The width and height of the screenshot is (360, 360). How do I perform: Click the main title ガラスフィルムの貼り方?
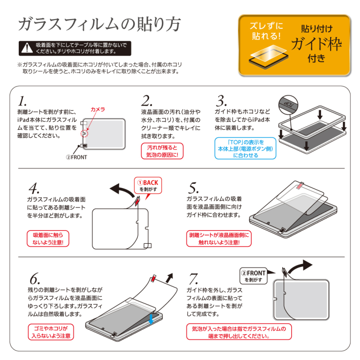pos(100,24)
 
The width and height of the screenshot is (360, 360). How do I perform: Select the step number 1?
pos(22,101)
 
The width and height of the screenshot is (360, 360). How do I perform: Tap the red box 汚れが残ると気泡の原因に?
pos(162,151)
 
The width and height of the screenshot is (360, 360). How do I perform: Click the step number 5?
pos(193,188)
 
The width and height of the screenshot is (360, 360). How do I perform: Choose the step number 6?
pos(34,279)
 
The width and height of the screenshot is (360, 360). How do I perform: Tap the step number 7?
pos(193,279)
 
